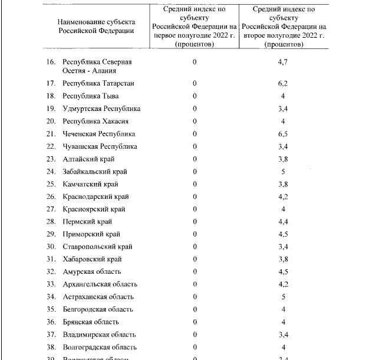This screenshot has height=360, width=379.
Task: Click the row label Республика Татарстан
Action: (x=98, y=83)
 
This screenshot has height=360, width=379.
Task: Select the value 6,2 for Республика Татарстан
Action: (x=283, y=83)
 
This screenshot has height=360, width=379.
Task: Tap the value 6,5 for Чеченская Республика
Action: (x=283, y=134)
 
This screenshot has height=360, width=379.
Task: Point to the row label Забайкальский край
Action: (x=94, y=172)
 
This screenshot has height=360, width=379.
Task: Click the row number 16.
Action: (x=51, y=61)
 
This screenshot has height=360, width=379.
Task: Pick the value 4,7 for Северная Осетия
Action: (x=283, y=61)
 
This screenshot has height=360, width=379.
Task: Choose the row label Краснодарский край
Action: (x=95, y=197)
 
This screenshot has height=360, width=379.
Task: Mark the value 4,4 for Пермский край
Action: (x=283, y=222)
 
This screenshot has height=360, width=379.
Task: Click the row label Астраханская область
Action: (x=98, y=297)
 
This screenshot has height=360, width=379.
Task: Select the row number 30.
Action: (x=51, y=247)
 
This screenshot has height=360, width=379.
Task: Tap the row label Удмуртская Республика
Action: (x=101, y=109)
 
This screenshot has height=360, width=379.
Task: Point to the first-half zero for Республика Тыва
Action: (x=194, y=96)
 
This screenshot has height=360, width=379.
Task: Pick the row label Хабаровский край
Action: (x=93, y=259)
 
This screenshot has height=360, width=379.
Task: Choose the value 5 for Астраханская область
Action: (x=283, y=297)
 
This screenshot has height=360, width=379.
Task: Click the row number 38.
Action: (x=51, y=347)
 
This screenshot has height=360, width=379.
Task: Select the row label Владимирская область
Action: (x=99, y=335)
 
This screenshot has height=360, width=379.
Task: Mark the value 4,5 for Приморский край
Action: (x=283, y=234)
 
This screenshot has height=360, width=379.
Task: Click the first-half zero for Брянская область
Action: (x=194, y=322)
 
